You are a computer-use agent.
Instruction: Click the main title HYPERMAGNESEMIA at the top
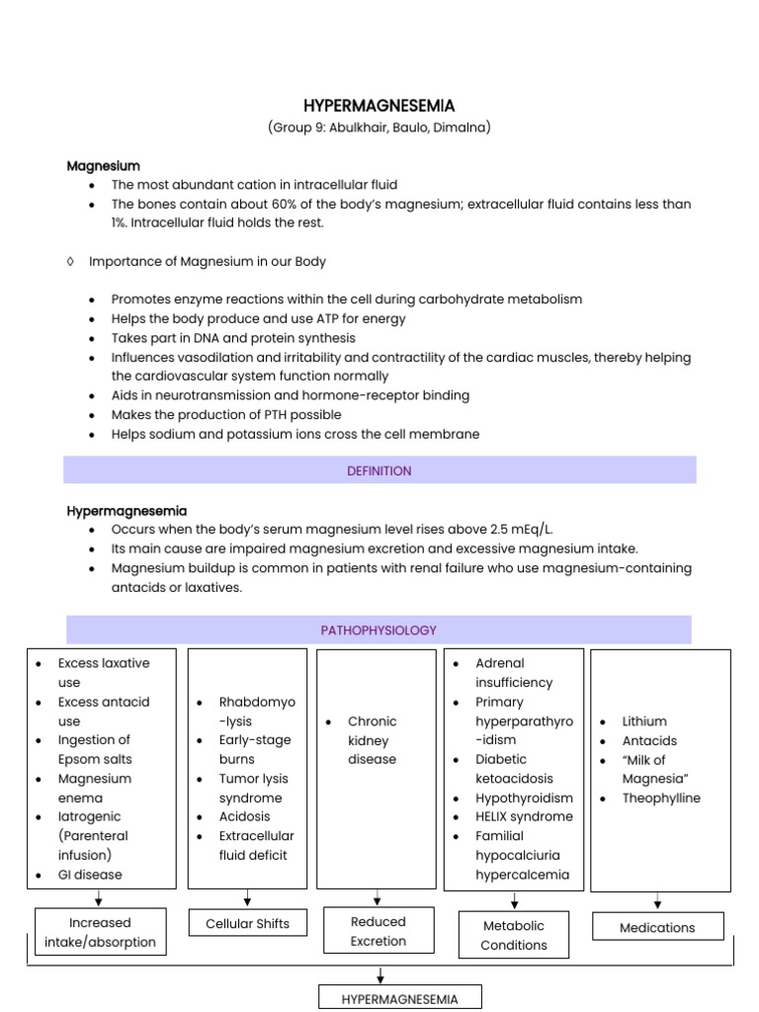[x=379, y=106]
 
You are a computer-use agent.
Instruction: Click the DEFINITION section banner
[x=379, y=470]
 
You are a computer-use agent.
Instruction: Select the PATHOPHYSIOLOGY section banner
[x=379, y=630]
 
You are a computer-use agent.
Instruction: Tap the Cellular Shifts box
[x=247, y=923]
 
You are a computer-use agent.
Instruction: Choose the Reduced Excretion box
[x=379, y=931]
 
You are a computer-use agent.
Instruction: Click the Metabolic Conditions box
[x=513, y=935]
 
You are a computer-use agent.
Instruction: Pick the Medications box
[x=657, y=927]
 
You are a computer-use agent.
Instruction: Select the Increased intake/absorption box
[x=100, y=932]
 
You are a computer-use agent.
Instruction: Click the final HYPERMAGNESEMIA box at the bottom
[x=399, y=999]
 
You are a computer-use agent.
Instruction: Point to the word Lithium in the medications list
[x=644, y=721]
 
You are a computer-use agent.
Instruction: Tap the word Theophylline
[x=661, y=798]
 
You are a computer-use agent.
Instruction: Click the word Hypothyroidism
[x=524, y=798]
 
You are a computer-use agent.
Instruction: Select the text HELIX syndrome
[x=524, y=816]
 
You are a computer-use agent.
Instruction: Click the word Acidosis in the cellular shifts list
[x=244, y=816]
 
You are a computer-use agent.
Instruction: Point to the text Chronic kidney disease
[x=372, y=740]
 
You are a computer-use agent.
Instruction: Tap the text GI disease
[x=90, y=874]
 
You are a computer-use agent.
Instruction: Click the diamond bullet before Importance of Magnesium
[x=70, y=261]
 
